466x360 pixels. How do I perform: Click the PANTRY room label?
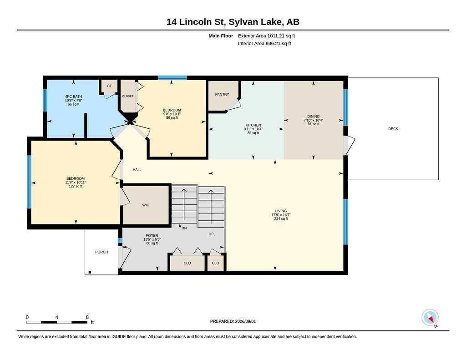click(222, 94)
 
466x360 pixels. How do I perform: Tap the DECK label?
click(393, 129)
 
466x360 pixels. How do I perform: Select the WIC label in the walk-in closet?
click(146, 205)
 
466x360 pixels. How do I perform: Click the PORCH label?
click(101, 252)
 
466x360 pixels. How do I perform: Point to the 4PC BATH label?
click(73, 96)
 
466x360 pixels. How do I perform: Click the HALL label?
click(137, 169)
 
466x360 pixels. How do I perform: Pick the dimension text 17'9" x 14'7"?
click(281, 215)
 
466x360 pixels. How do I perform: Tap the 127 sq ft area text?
click(76, 186)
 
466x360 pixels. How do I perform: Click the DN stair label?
click(184, 228)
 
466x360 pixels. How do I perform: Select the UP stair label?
click(211, 234)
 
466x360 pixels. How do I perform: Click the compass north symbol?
click(430, 318)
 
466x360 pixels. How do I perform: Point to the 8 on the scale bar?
click(87, 317)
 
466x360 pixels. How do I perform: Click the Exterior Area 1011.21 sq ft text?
click(266, 35)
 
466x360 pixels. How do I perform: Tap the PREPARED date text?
click(233, 321)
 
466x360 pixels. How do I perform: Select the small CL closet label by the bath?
click(109, 86)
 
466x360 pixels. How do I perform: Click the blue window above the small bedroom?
click(172, 78)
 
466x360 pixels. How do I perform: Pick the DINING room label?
click(313, 117)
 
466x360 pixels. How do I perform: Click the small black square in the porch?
click(90, 272)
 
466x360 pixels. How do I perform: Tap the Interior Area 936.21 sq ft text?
click(264, 43)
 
